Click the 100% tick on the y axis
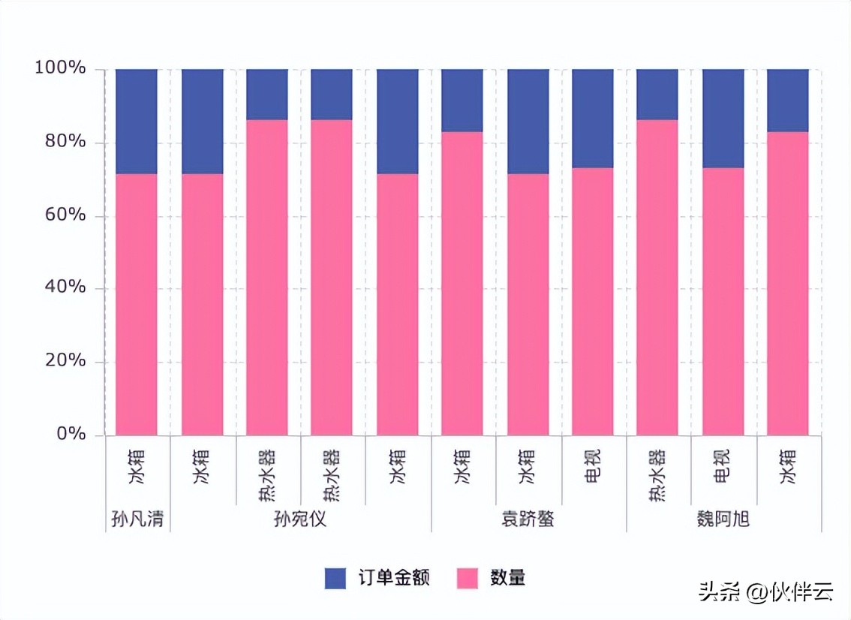[60, 68]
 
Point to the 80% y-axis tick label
[65, 141]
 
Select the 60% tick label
[65, 215]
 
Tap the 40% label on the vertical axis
[65, 287]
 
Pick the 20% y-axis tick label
[65, 360]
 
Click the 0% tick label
[71, 434]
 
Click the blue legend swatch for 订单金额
[335, 578]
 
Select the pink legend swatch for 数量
[468, 578]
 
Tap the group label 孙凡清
[137, 519]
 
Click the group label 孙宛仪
[300, 519]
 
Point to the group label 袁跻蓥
[528, 519]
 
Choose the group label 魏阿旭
[723, 519]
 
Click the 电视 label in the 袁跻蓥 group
[593, 466]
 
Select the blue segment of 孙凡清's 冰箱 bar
[137, 122]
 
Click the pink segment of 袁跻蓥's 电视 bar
[593, 302]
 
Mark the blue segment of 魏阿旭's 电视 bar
[723, 119]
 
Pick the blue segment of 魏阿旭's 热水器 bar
[657, 95]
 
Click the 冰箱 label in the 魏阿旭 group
[787, 466]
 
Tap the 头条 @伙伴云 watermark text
[765, 591]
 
